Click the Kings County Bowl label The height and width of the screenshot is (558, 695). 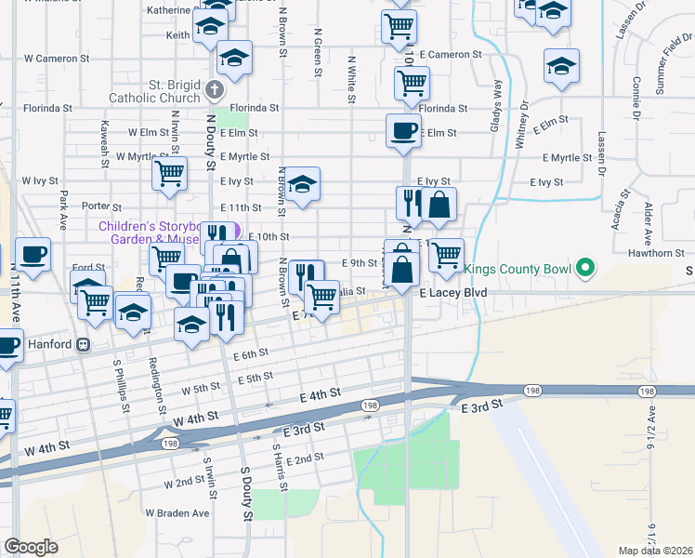tap(517, 270)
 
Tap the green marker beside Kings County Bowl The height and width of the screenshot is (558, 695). tap(584, 270)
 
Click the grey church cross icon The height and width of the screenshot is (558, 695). tap(215, 90)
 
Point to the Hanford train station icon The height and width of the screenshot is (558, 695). tap(84, 344)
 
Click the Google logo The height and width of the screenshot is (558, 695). tap(31, 547)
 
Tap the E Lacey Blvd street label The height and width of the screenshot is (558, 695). tap(452, 292)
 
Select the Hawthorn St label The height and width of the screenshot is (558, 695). tap(654, 252)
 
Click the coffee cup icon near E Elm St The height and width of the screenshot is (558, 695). tap(403, 130)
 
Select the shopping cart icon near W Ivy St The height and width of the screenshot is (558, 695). tap(170, 173)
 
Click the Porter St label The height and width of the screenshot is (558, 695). tap(102, 206)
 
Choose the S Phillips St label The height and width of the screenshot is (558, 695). tap(122, 379)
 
